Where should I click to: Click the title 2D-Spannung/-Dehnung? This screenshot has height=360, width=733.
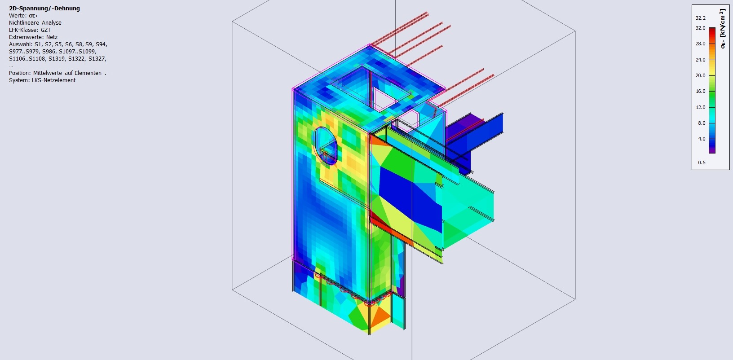44,9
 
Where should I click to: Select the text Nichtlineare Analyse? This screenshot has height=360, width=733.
35,23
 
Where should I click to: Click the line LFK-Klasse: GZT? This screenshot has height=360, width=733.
30,30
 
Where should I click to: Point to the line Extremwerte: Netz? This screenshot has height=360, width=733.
33,37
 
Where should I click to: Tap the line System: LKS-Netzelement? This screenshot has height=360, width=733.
42,80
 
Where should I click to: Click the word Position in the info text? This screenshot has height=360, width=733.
20,73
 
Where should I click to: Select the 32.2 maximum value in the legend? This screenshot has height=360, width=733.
700,18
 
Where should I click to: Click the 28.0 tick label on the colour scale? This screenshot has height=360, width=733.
700,44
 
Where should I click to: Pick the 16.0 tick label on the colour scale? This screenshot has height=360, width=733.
700,91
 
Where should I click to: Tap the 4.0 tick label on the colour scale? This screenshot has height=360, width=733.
702,139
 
